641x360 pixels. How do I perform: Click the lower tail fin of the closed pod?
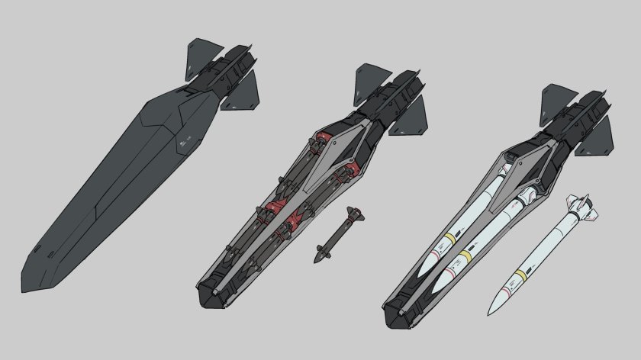tap(242, 94)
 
